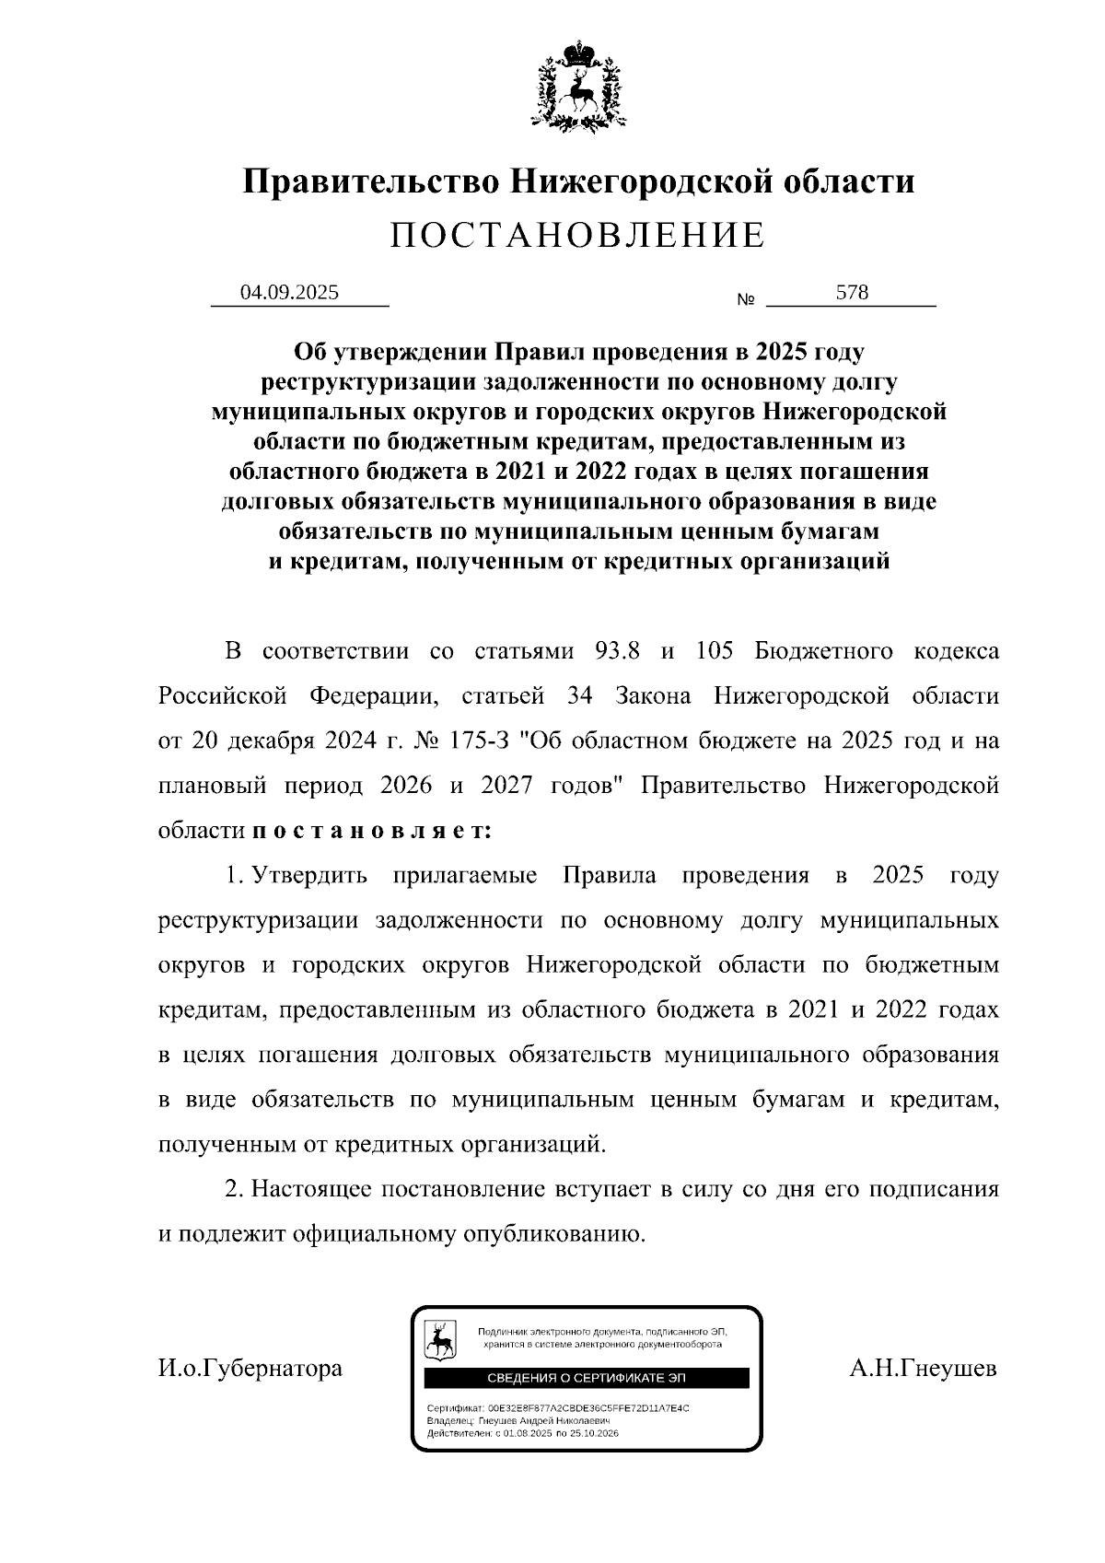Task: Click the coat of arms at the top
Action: tap(578, 85)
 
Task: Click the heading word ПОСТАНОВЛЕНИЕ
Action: tap(577, 236)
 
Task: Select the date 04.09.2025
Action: tap(289, 293)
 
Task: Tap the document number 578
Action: tap(852, 293)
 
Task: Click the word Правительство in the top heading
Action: tap(371, 181)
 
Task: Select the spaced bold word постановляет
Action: tap(372, 831)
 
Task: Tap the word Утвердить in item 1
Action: tap(310, 875)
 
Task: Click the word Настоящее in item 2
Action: tap(310, 1189)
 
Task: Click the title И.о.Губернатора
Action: tap(250, 1368)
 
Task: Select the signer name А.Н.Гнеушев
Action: tap(924, 1368)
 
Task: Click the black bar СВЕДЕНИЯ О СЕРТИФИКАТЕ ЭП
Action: tap(587, 1378)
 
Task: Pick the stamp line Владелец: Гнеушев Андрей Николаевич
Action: tap(520, 1421)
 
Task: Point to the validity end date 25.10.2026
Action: tap(594, 1434)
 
